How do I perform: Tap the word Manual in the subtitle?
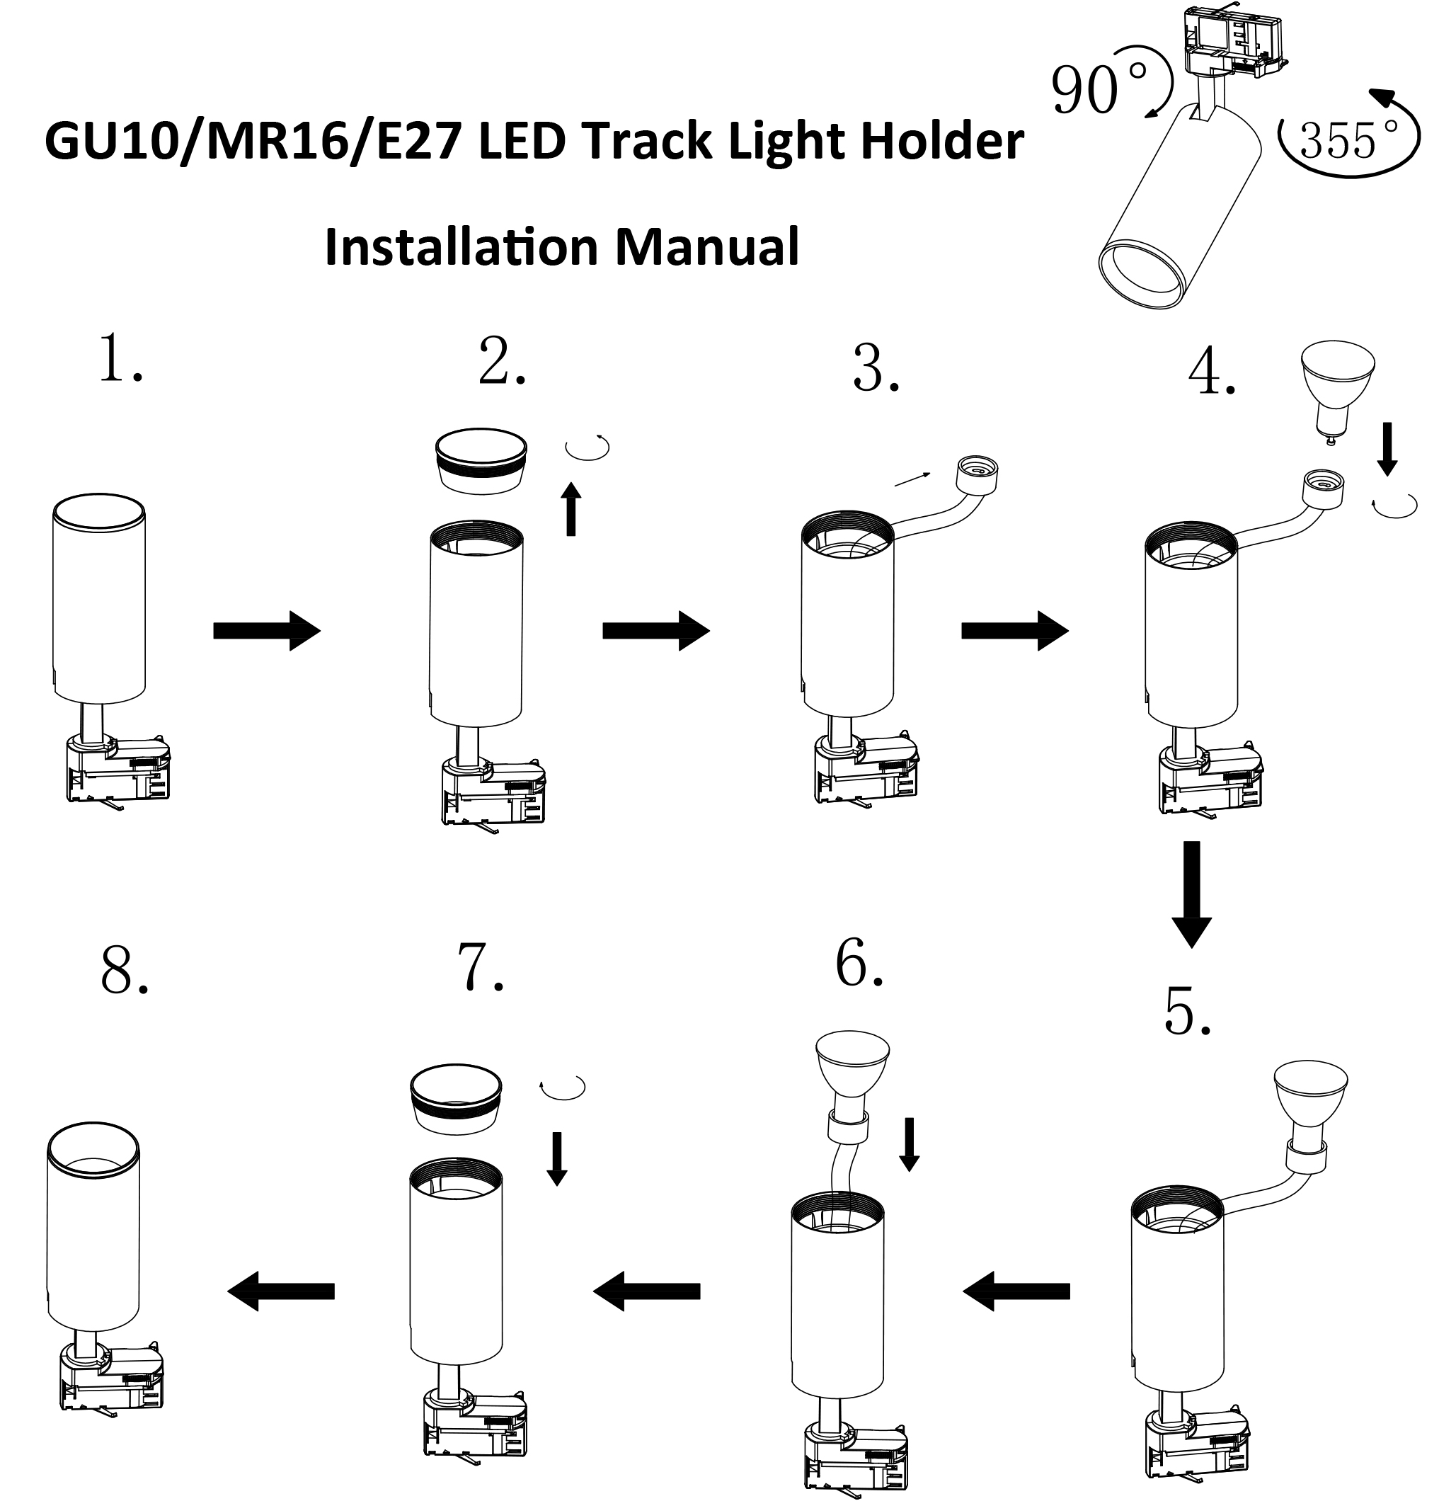707,246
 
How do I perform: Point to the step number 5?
1187,1012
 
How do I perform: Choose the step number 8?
123,972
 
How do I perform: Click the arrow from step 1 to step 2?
265,630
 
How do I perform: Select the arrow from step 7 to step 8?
281,1291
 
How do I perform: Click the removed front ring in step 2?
481,460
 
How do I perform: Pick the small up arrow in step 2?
571,508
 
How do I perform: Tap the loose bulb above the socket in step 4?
1337,391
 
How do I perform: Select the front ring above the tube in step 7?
457,1098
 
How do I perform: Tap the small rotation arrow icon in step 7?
563,1088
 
